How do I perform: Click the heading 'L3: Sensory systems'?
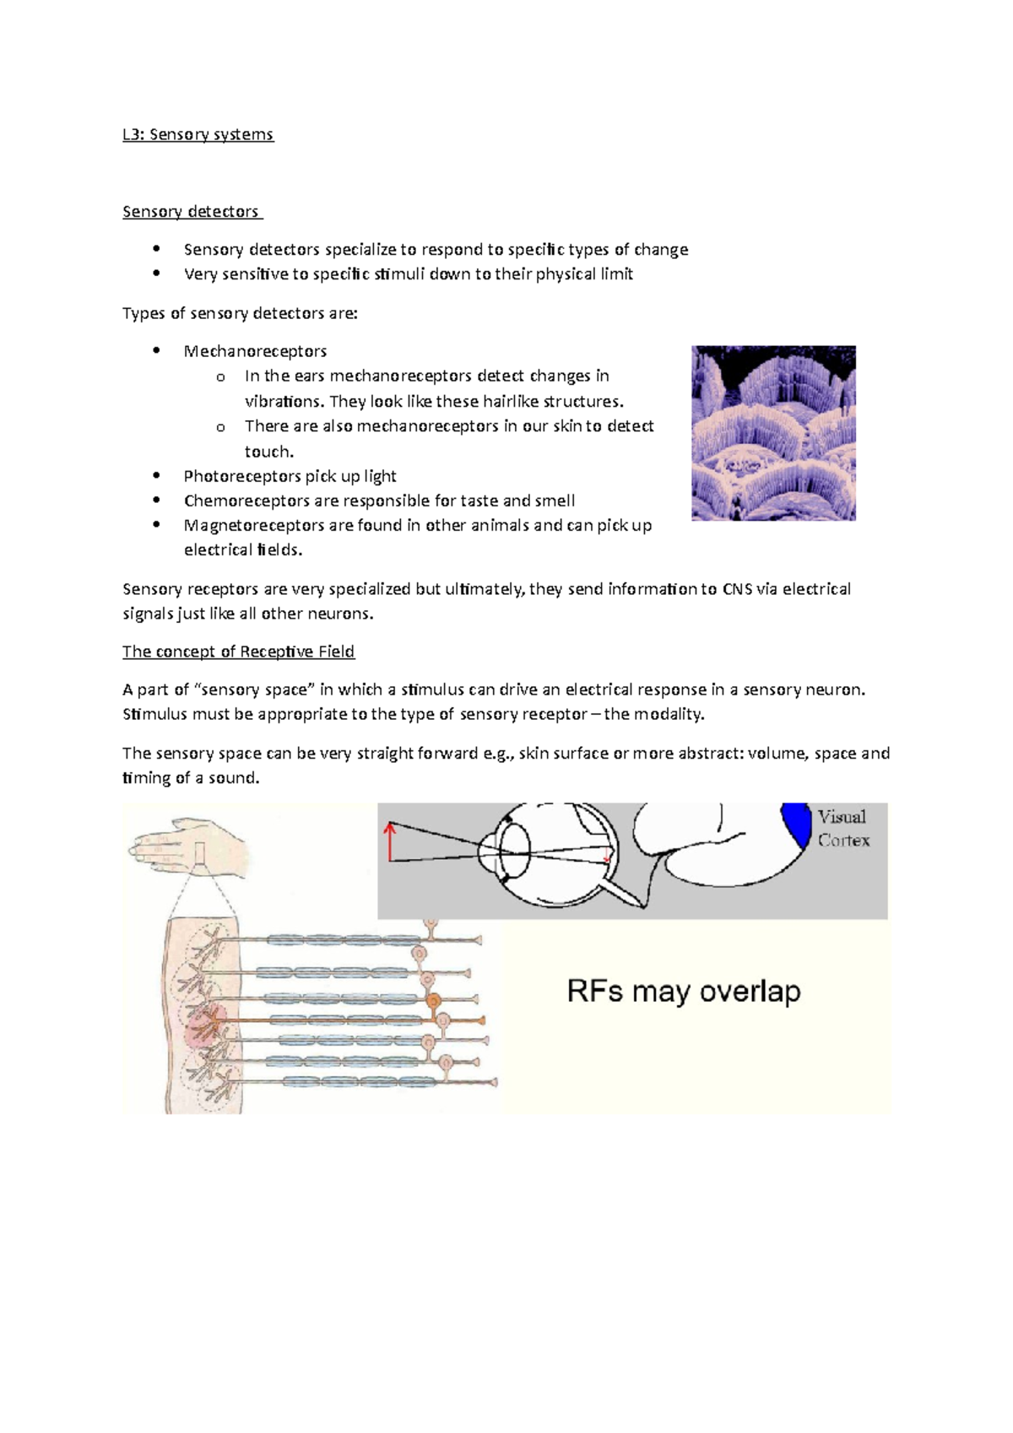pos(198,134)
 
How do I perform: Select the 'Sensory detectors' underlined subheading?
pos(191,212)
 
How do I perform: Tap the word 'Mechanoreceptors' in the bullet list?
pos(255,351)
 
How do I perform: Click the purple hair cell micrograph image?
pos(773,432)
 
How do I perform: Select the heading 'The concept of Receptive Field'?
pos(238,652)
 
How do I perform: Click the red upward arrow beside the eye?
pos(390,841)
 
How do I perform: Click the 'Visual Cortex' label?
pos(842,829)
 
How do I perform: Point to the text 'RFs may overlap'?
pos(683,991)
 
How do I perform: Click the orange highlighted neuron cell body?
pos(433,1001)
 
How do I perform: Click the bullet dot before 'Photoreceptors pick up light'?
pos(156,476)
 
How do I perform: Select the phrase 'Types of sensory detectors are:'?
pos(240,313)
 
